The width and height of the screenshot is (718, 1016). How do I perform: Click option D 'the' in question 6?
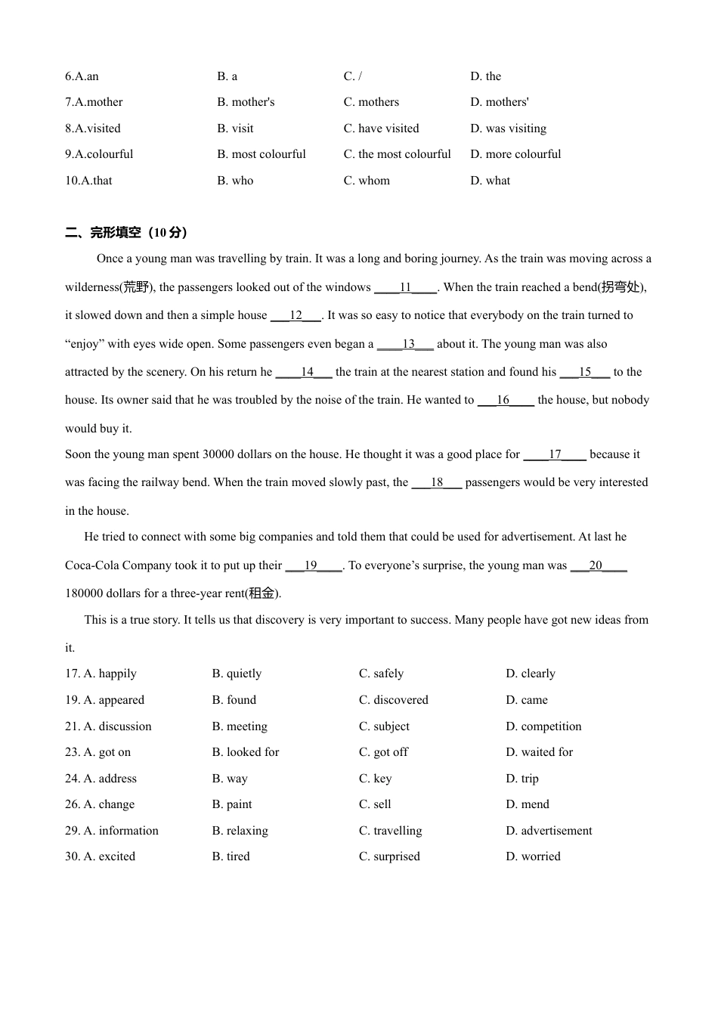(x=485, y=76)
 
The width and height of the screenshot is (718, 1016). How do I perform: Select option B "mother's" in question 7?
(x=246, y=102)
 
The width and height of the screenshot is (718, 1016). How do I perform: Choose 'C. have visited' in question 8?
(x=381, y=129)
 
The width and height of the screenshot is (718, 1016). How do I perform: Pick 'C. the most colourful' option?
(x=397, y=154)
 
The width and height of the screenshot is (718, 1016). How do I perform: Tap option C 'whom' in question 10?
(x=367, y=181)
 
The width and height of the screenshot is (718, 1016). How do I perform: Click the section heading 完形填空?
(x=115, y=232)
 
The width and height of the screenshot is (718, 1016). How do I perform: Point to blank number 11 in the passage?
(x=405, y=287)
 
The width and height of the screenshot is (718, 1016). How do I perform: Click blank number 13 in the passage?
(x=408, y=344)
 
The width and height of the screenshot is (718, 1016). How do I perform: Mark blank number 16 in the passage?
(x=503, y=400)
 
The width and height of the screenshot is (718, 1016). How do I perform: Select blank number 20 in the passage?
(x=596, y=565)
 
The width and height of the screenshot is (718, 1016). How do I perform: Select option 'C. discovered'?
(x=393, y=700)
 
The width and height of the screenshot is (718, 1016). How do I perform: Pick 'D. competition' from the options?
(x=543, y=726)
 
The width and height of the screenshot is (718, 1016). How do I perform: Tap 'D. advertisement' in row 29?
(x=549, y=831)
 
